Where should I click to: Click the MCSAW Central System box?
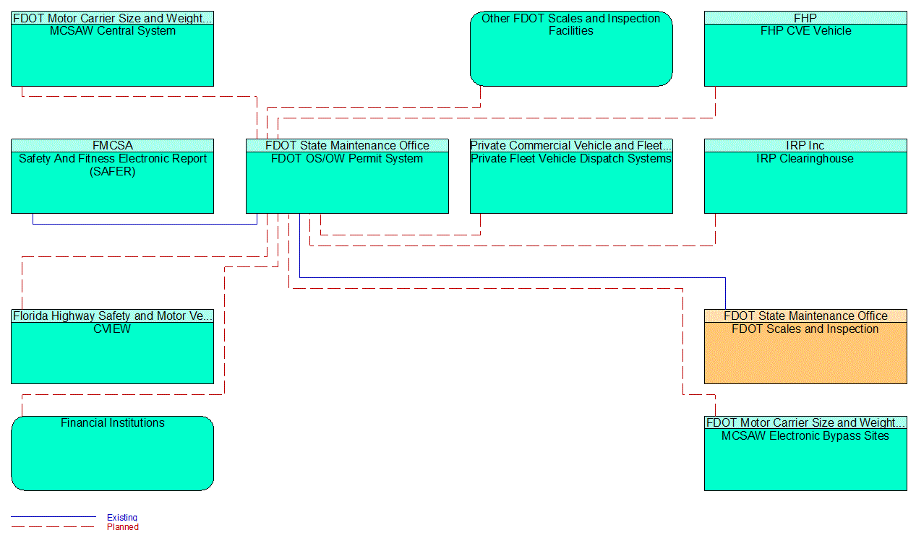[x=112, y=55]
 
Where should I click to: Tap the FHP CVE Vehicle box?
[x=805, y=55]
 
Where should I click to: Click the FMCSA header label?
[x=112, y=146]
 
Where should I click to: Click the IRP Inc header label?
[x=805, y=146]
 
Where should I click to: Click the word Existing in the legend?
[x=122, y=517]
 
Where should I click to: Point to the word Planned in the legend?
[x=123, y=527]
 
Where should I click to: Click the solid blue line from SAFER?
[x=145, y=224]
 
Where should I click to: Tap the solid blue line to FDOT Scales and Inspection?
[x=506, y=277]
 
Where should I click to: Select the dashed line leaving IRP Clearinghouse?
[x=506, y=246]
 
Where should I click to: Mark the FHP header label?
[x=805, y=18]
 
